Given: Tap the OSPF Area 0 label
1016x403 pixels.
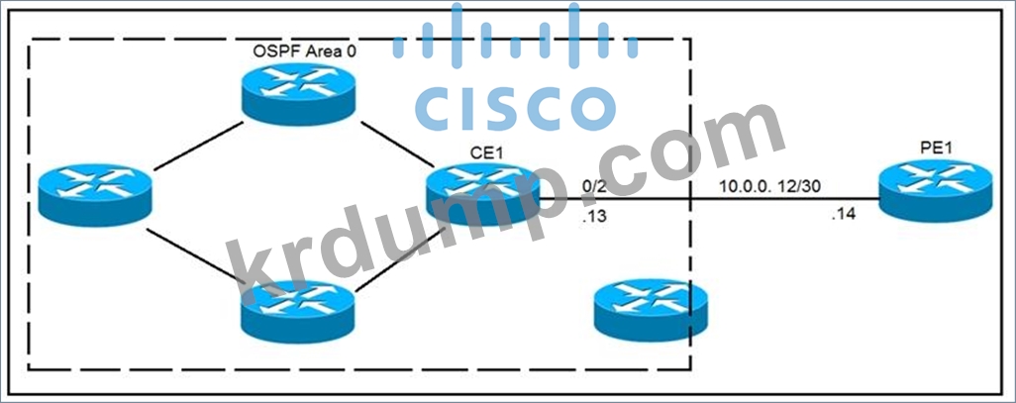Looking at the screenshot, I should pos(304,50).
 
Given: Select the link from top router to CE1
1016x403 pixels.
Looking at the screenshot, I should pos(396,142).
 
